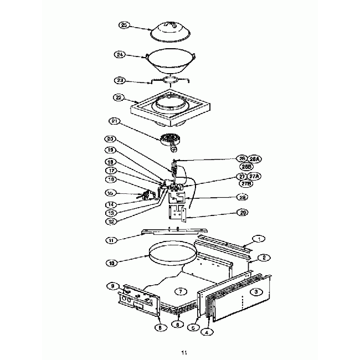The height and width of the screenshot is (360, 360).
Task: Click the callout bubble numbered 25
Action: [x=125, y=25]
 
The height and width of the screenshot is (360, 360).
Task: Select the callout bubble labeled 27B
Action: [x=244, y=183]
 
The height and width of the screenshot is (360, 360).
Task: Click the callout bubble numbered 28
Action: [x=242, y=197]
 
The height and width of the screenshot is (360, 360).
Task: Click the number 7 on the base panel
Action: [x=178, y=291]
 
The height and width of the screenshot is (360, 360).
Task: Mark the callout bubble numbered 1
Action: [x=259, y=239]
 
